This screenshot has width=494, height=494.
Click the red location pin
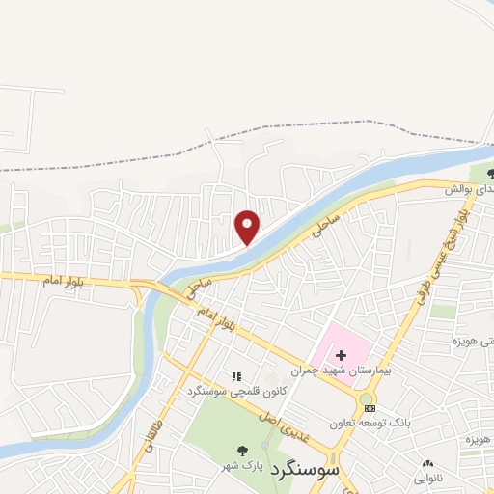[248, 227]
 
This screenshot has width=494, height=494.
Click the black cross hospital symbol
[341, 355]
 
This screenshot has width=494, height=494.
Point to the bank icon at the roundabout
[370, 408]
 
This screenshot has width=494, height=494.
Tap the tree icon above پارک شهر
[242, 450]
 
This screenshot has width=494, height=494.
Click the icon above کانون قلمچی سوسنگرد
[234, 376]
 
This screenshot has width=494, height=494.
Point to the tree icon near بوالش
[491, 174]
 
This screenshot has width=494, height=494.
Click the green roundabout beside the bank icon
[366, 398]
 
